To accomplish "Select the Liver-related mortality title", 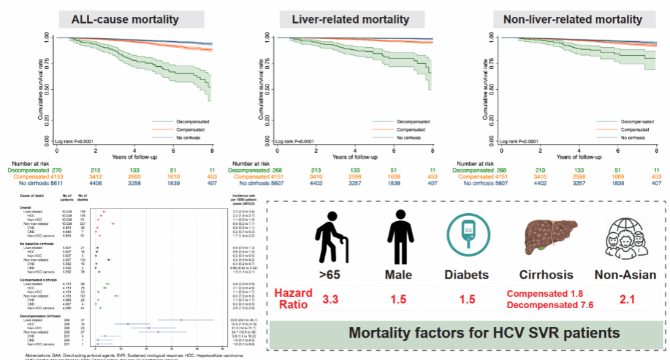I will pyautogui.click(x=350, y=20).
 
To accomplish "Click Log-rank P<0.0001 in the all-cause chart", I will pyautogui.click(x=77, y=142).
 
